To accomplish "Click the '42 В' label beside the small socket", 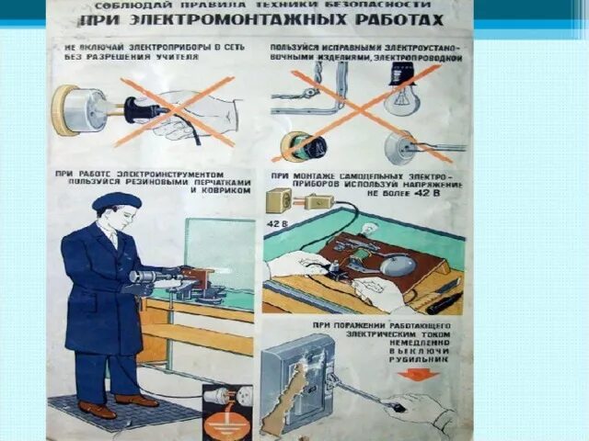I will (x=276, y=222).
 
